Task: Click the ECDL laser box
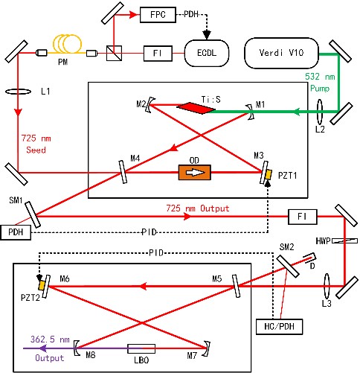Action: [207, 53]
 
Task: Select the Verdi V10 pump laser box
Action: [281, 53]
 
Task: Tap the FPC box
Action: [158, 15]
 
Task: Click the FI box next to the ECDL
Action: [158, 53]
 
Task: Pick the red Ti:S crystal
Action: [196, 108]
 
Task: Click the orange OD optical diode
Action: [195, 172]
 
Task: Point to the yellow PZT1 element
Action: [268, 174]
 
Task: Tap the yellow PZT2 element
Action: [42, 285]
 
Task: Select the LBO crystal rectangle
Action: [141, 348]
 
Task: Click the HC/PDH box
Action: [280, 326]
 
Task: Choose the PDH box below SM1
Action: [16, 232]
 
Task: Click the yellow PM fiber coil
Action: [67, 44]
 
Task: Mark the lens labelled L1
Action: [18, 92]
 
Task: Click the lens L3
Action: [327, 286]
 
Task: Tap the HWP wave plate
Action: [344, 240]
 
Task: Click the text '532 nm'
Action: [320, 77]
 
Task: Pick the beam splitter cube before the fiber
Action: [114, 53]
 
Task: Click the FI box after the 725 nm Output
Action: [302, 217]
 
